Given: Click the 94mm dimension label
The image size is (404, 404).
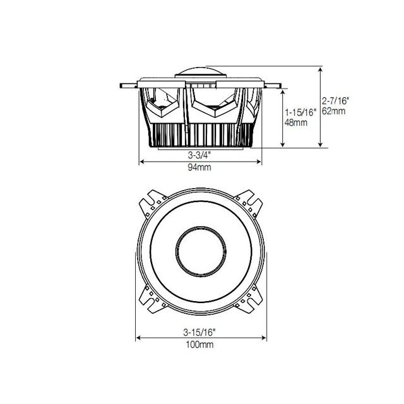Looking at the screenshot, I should pos(200,169).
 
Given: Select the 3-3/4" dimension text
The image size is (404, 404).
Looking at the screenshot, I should pos(200,154).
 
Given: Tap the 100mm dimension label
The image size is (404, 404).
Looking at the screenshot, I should pos(199,345).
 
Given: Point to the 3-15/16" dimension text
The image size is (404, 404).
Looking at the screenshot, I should pos(199,330).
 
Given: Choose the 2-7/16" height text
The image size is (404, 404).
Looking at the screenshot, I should pos(335,100).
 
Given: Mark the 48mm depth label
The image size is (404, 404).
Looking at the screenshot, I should pos(295,122).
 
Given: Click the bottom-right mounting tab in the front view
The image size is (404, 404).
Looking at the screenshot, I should pos(249,300).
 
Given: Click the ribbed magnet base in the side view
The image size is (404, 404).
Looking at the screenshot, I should pos(200,134).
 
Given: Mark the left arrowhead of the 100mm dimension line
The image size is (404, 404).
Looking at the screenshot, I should pos(138,337).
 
